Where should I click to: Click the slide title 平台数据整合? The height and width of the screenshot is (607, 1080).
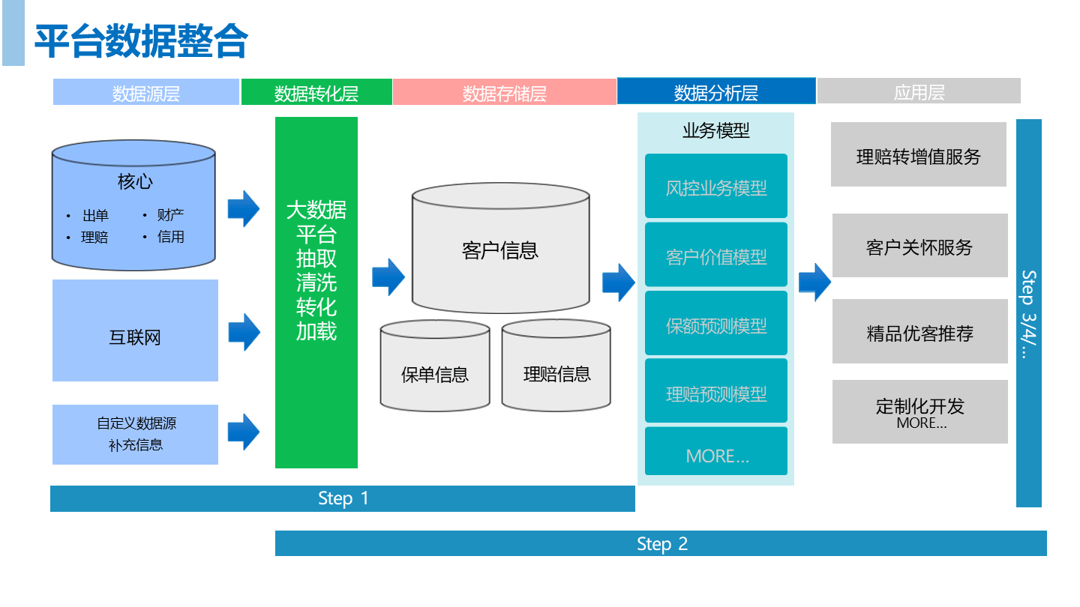tap(141, 41)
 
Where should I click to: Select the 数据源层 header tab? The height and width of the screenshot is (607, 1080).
tap(146, 93)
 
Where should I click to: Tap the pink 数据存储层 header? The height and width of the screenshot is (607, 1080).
tap(504, 93)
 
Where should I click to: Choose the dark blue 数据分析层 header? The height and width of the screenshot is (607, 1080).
tap(715, 92)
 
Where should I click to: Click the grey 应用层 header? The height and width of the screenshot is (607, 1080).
tap(919, 92)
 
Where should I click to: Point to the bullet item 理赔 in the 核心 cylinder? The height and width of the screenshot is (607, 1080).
tap(95, 238)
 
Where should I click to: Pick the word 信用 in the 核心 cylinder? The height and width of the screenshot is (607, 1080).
tap(170, 237)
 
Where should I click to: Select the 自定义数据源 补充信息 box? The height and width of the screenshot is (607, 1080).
tap(135, 434)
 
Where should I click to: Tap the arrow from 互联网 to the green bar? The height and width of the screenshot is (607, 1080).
tap(244, 332)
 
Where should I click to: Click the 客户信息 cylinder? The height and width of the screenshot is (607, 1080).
tap(500, 250)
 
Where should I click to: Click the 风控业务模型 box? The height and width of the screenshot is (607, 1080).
tap(716, 187)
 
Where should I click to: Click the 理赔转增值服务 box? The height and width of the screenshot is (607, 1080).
tap(919, 155)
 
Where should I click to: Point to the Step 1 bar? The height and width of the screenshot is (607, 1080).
tap(343, 499)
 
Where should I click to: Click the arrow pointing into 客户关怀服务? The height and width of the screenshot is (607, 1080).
tap(814, 282)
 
